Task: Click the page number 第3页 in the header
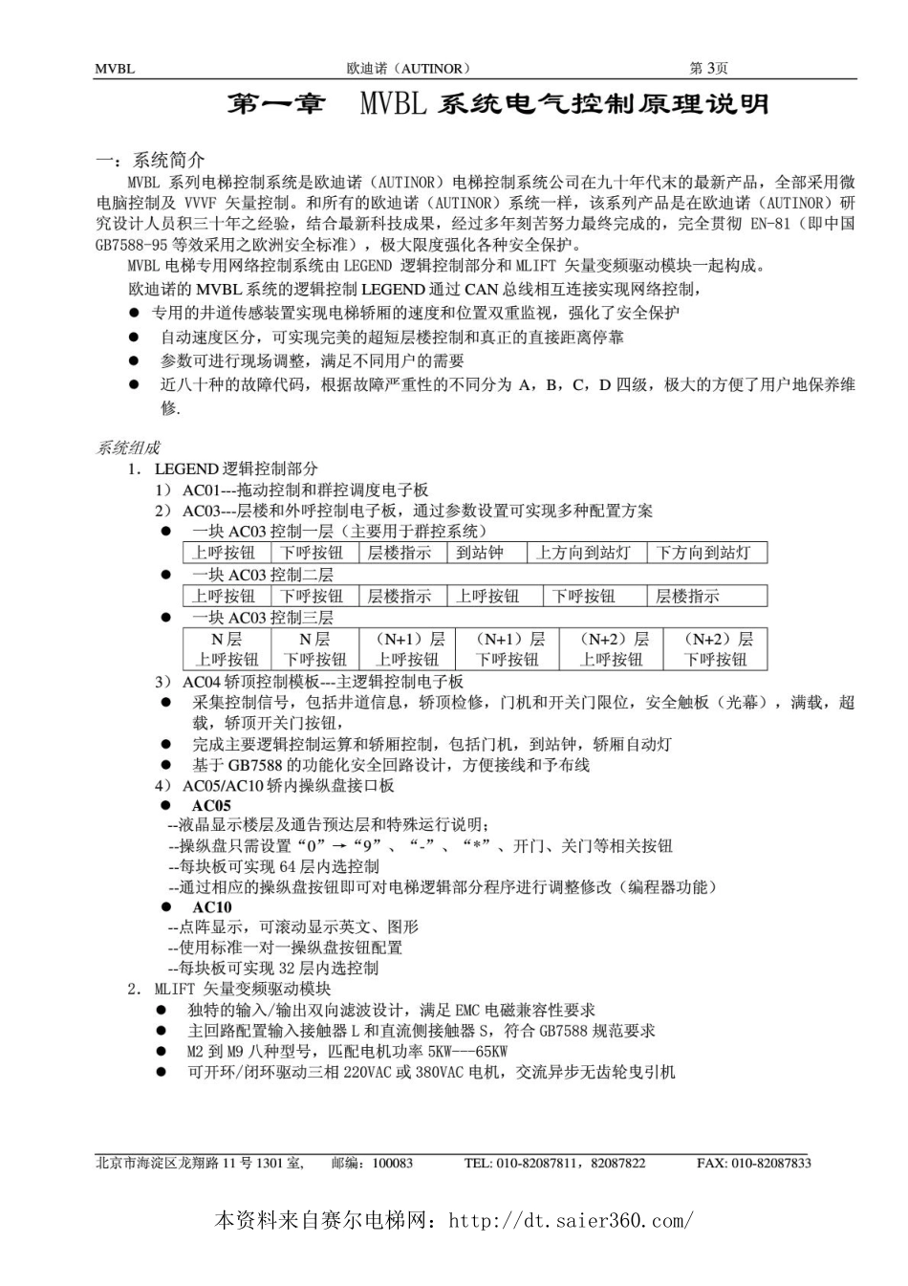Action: pyautogui.click(x=708, y=68)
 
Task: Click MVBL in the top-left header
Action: pyautogui.click(x=115, y=69)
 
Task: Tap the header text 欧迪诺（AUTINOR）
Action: pyautogui.click(x=408, y=69)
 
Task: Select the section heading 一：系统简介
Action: pyautogui.click(x=150, y=160)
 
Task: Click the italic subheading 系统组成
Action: pyautogui.click(x=128, y=447)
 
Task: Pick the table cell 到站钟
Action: pyautogui.click(x=480, y=553)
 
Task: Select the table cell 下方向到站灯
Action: pyautogui.click(x=705, y=553)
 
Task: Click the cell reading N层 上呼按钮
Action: pyautogui.click(x=227, y=649)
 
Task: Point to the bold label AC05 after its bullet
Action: pyautogui.click(x=211, y=806)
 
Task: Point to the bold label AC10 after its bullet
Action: pyautogui.click(x=211, y=907)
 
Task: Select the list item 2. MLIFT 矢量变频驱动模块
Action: pyautogui.click(x=243, y=989)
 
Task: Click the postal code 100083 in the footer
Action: pyautogui.click(x=393, y=1163)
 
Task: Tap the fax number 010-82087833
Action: pyautogui.click(x=769, y=1163)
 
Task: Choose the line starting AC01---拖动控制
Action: pyautogui.click(x=305, y=490)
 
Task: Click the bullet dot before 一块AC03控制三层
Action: pyautogui.click(x=165, y=618)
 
